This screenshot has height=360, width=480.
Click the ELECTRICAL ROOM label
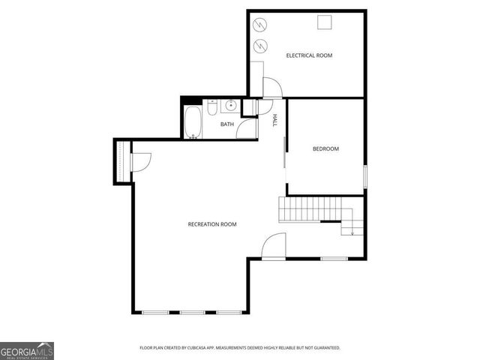(309, 55)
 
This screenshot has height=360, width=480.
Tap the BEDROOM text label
(325, 148)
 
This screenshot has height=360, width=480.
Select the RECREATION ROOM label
(212, 224)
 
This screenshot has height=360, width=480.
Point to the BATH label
(226, 124)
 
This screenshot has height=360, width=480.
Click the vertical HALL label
(274, 120)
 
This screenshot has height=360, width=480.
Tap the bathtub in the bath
(193, 122)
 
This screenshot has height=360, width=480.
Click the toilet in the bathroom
(212, 109)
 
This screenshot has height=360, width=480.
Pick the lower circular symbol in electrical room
(261, 46)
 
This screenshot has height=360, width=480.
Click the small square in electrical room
(324, 22)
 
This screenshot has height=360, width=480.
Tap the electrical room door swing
(271, 88)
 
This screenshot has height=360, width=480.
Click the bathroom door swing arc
(247, 129)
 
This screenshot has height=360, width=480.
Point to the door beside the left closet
(141, 161)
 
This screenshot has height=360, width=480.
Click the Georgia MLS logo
(27, 350)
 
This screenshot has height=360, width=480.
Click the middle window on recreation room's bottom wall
(192, 312)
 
